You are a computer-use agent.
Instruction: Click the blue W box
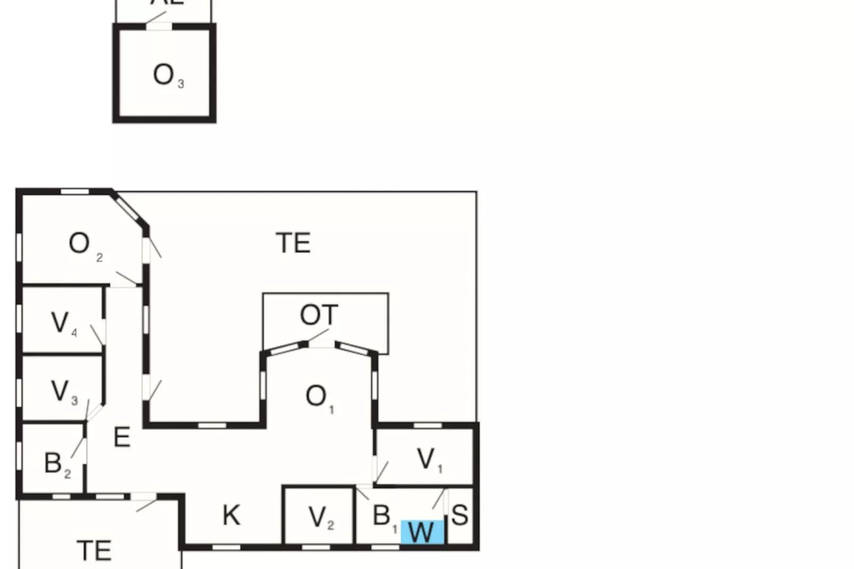click(422, 532)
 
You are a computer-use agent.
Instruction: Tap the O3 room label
click(168, 76)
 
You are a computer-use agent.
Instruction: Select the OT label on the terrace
click(319, 315)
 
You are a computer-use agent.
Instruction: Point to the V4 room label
click(63, 323)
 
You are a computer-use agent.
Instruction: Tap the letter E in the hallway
click(122, 437)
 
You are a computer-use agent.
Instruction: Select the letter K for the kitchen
click(231, 515)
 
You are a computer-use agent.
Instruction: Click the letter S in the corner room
click(460, 515)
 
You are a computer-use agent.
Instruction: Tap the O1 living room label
click(319, 397)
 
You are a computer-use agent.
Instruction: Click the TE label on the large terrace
click(293, 243)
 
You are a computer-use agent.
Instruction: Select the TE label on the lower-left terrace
click(94, 550)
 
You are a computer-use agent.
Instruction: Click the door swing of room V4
click(97, 334)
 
